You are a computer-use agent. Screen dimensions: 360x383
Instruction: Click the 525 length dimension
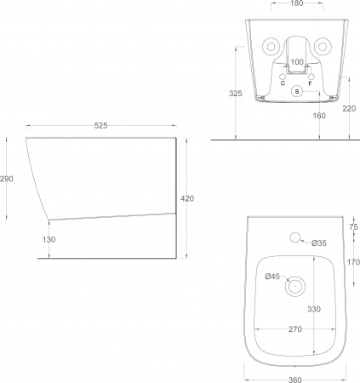point(100,125)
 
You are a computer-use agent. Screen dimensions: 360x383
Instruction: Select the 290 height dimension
point(7,179)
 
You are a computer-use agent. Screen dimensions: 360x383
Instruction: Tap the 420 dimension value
point(187,198)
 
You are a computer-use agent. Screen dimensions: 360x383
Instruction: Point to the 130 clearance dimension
point(49,240)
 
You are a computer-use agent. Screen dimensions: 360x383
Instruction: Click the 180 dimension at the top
point(297,3)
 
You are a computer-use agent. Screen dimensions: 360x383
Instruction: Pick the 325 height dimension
point(236,94)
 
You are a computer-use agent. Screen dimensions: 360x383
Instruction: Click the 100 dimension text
point(297,62)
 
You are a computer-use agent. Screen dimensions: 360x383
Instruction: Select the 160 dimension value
point(319,116)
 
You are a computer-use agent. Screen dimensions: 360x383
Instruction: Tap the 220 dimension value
point(349,109)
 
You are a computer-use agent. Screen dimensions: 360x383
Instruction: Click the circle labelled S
point(297,91)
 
